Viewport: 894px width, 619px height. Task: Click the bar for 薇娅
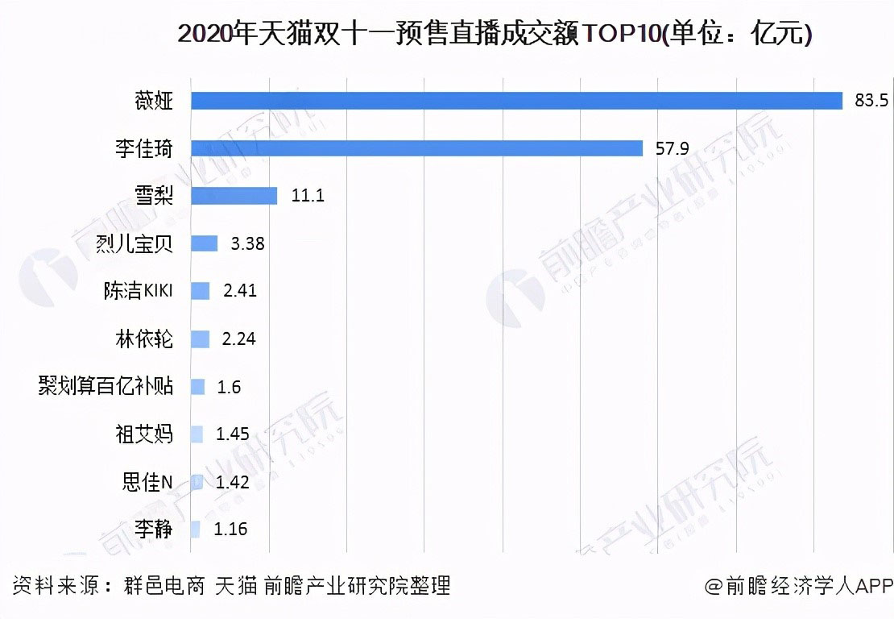point(515,101)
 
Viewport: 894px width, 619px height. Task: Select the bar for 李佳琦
point(416,148)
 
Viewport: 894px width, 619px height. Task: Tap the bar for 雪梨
point(234,196)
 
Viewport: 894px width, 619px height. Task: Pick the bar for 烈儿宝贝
point(204,243)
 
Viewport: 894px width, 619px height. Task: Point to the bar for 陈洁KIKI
point(200,291)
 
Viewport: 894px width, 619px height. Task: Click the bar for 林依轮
point(200,339)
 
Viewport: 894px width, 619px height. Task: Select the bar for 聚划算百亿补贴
point(197,387)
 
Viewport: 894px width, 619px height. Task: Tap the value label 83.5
point(871,101)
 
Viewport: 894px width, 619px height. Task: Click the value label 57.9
point(672,148)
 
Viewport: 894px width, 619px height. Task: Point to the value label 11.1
point(307,196)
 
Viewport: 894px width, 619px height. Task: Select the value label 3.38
point(247,243)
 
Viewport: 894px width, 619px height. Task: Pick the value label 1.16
point(230,530)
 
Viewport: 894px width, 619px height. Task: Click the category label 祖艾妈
point(144,434)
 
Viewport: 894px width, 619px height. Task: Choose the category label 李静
point(153,530)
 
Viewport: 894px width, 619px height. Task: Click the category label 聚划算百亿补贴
point(106,387)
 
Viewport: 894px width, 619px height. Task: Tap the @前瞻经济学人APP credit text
point(798,586)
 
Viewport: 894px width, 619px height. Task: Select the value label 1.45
point(232,434)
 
